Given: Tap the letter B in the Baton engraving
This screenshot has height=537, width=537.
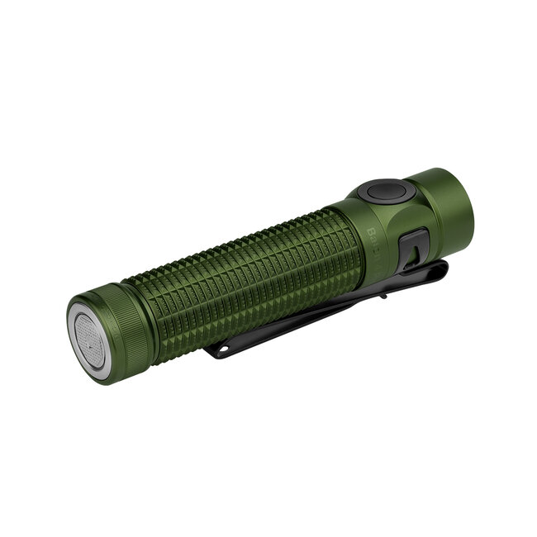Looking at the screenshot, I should (x=369, y=232).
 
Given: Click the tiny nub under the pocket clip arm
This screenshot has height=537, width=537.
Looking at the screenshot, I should (x=382, y=293).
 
